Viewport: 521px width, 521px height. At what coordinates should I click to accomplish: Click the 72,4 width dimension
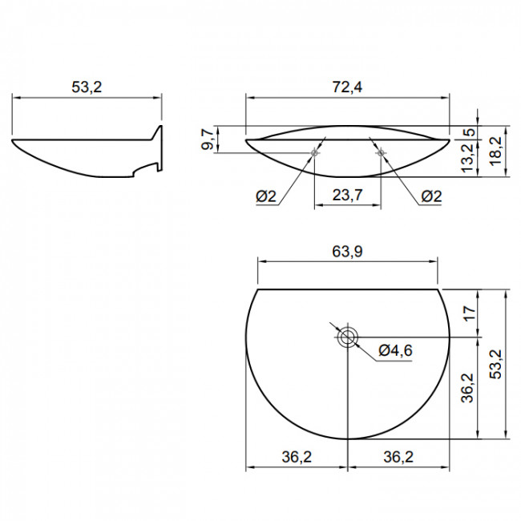tap(347, 87)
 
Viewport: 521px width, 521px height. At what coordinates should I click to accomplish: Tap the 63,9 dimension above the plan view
tap(347, 252)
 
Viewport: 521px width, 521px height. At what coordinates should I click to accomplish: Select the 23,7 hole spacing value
tap(347, 195)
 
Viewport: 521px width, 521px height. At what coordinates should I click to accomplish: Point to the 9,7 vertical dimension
tap(208, 139)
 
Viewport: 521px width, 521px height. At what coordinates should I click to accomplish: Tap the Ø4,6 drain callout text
tap(395, 350)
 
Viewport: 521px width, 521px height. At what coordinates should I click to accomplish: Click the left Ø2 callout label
tap(266, 196)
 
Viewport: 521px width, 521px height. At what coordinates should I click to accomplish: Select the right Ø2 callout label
tap(431, 196)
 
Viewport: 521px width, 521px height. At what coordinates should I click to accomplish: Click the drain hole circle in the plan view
tap(348, 337)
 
